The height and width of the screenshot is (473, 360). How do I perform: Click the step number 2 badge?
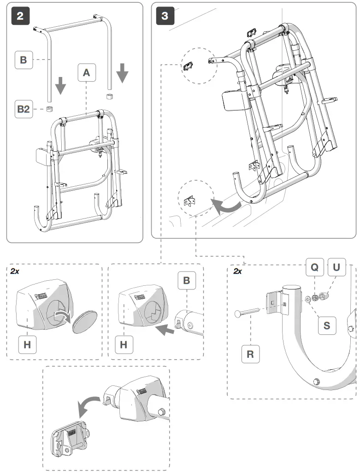pos(20,16)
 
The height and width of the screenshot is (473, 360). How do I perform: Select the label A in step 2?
pos(86,73)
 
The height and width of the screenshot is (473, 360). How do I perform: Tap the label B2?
pos(24,110)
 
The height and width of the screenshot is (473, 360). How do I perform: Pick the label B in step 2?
pos(24,59)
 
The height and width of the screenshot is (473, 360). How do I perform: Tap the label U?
pos(336,266)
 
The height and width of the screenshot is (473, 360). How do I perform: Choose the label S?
pos(326,325)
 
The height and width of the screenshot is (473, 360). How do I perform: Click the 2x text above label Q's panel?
pos(238,272)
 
